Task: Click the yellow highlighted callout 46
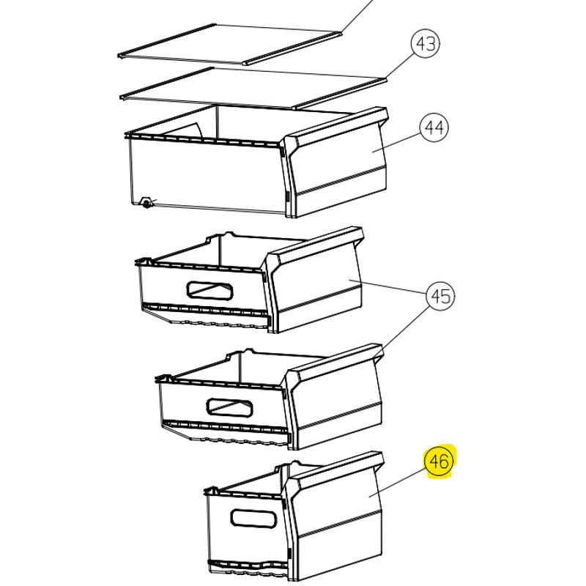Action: (x=439, y=461)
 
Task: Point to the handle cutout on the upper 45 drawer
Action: (x=209, y=290)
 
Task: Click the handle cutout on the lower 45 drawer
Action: (x=229, y=407)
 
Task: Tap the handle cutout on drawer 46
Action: (x=253, y=519)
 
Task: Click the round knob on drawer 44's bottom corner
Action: (x=146, y=203)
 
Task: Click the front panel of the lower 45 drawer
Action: (x=334, y=396)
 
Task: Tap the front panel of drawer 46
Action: (x=334, y=516)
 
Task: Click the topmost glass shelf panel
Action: (x=230, y=45)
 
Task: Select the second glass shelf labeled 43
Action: (x=253, y=88)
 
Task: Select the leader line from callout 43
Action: (x=399, y=66)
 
